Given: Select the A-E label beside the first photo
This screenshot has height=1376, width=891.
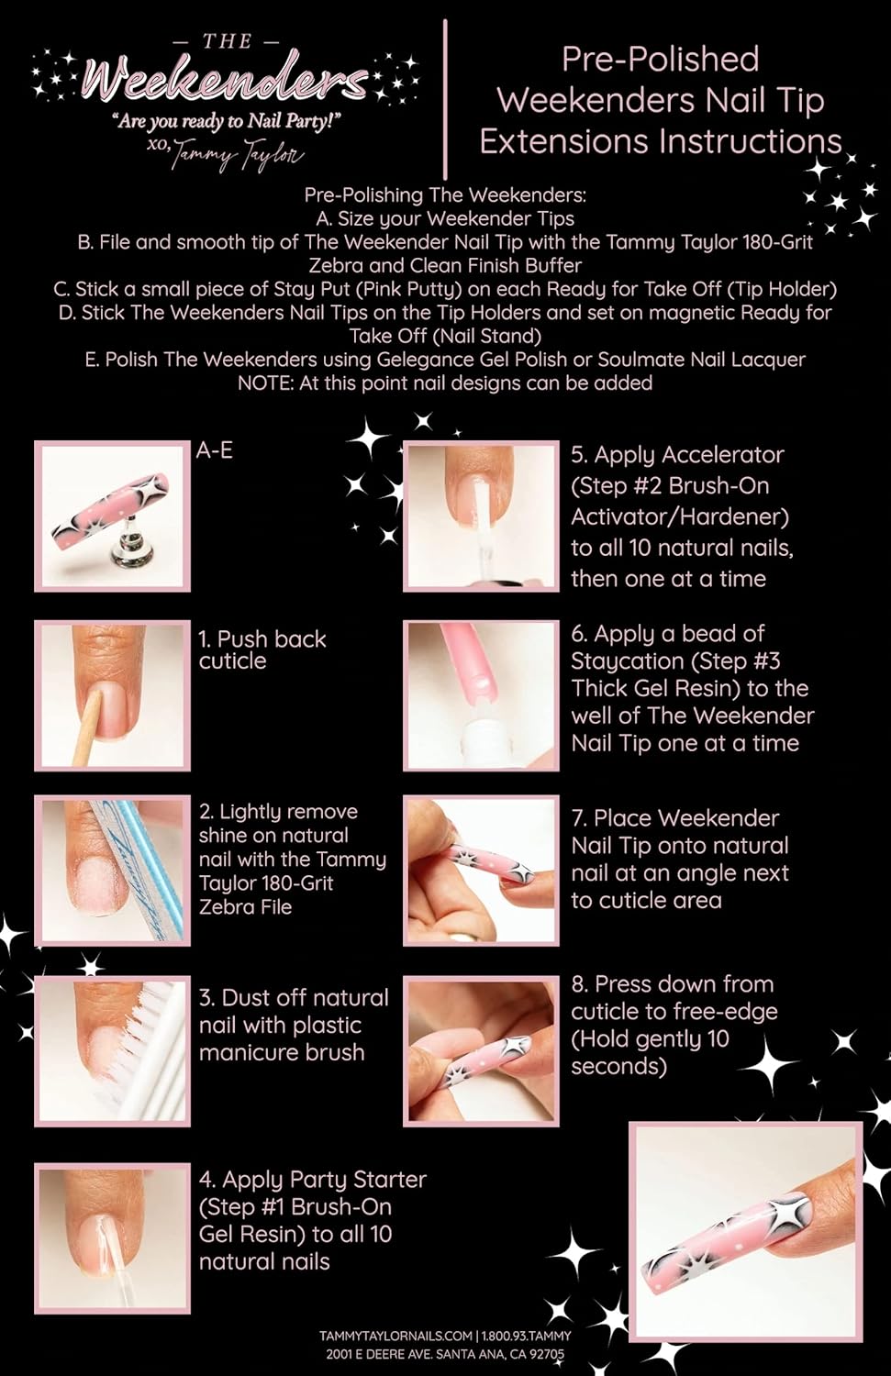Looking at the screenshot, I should [x=214, y=450].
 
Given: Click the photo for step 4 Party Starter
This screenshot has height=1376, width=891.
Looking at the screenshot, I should [x=112, y=1222].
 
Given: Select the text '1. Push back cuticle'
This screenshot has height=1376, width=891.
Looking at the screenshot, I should [x=262, y=649].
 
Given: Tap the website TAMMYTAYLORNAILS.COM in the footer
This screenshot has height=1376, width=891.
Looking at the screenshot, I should [x=395, y=1336].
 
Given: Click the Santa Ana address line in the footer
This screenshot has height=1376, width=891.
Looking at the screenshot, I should [x=445, y=1354].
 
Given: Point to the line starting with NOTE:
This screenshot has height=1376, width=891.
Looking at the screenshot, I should [x=445, y=383].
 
